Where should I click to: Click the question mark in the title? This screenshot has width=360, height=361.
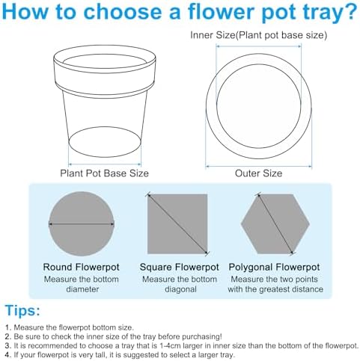click(x=350, y=11)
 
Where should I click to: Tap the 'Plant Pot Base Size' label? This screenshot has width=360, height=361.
click(x=104, y=173)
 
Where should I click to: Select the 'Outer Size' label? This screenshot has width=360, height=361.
click(x=258, y=173)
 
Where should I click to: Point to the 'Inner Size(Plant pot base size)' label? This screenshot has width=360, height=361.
click(x=258, y=35)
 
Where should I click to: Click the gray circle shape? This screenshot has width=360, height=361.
click(x=82, y=223)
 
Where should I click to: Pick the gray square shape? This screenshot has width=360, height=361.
click(x=177, y=223)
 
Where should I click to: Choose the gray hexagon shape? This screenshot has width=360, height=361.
click(x=275, y=223)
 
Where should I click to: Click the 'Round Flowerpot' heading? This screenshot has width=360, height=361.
click(x=82, y=267)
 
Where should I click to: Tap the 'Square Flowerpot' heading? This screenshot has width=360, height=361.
click(x=179, y=267)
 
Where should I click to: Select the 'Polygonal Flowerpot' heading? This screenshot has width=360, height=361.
click(x=274, y=268)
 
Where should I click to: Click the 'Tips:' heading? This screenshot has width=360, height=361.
click(x=22, y=311)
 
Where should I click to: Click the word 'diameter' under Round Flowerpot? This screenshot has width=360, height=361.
click(x=82, y=289)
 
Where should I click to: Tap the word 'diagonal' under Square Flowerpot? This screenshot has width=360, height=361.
click(x=180, y=289)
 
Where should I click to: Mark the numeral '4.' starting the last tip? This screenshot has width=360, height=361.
click(x=8, y=355)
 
